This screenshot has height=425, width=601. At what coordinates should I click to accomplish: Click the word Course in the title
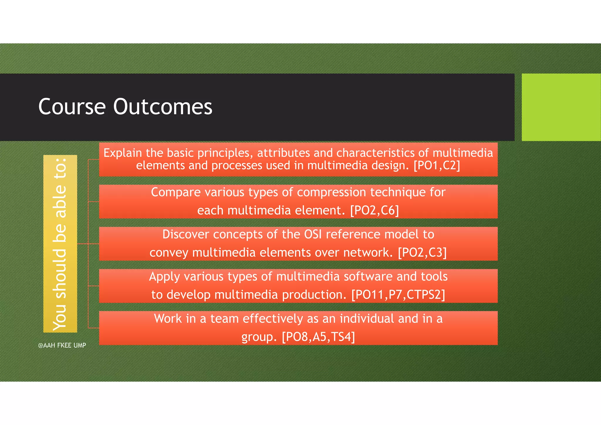click(72, 107)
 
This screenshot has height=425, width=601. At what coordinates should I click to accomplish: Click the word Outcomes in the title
click(163, 107)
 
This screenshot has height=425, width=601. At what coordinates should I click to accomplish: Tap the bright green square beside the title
click(561, 107)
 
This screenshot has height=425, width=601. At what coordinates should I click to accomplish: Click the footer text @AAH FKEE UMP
click(62, 345)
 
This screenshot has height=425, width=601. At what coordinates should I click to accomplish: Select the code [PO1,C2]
click(437, 166)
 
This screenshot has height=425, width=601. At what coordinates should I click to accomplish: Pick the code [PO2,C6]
click(375, 210)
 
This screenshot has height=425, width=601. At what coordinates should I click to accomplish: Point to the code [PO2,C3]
click(422, 252)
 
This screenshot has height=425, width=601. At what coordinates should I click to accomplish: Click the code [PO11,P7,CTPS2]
click(398, 295)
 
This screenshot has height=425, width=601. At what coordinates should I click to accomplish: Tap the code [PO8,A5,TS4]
click(318, 337)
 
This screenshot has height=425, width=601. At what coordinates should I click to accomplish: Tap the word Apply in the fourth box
click(164, 277)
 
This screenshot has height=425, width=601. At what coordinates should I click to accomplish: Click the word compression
click(331, 193)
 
